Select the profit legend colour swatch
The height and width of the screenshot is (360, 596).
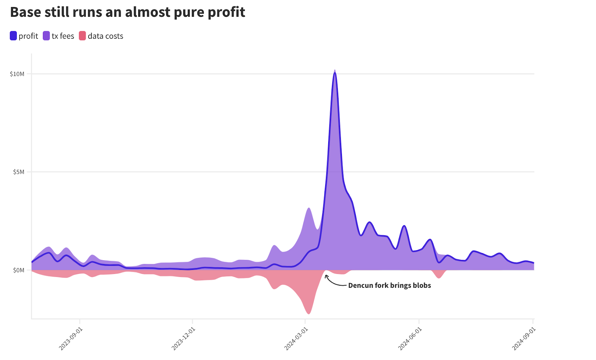point(13,36)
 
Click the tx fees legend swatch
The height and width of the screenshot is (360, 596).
point(46,36)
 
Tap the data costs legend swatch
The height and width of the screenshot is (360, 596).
point(82,36)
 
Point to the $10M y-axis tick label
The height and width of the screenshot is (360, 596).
point(17,74)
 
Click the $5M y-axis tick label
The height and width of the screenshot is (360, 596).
point(19,172)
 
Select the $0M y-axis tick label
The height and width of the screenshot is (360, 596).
point(19,270)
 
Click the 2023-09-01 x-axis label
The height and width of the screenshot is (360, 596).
point(71,338)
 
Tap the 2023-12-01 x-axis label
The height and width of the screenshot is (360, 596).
point(183,338)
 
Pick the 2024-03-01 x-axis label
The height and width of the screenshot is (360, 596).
point(296,338)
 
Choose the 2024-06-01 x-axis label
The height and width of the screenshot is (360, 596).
point(410,338)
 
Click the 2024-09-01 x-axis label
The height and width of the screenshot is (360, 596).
point(523,338)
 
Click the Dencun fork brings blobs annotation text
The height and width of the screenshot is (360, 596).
point(389,286)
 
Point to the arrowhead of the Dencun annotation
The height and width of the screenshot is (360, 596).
point(326,276)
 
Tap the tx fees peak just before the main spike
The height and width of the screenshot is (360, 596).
point(309,208)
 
